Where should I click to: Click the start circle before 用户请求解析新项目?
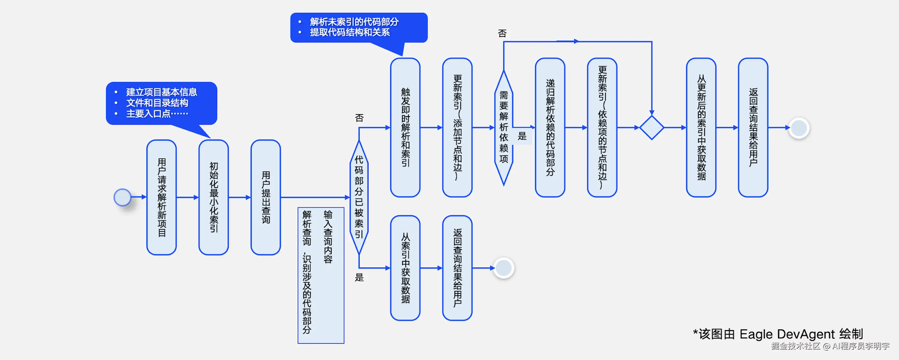click(x=122, y=197)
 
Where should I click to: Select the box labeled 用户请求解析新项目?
click(x=162, y=197)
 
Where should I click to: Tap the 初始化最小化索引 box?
click(x=214, y=197)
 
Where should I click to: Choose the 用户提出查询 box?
click(x=266, y=197)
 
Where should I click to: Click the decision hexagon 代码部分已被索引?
click(x=359, y=197)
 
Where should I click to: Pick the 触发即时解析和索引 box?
click(x=405, y=128)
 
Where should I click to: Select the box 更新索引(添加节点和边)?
click(x=457, y=128)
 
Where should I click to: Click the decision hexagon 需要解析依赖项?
click(x=503, y=128)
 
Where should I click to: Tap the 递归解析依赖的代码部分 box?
click(x=550, y=128)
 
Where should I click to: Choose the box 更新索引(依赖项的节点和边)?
click(x=602, y=128)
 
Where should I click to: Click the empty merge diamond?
click(x=652, y=128)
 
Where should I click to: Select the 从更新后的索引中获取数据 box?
click(x=701, y=128)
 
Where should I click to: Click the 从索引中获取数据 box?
click(x=405, y=268)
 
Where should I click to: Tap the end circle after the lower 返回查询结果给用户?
click(x=503, y=268)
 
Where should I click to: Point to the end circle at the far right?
click(x=799, y=128)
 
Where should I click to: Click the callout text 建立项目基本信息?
click(x=162, y=92)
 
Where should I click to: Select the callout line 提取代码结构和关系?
click(x=350, y=33)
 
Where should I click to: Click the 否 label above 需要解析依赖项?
click(x=502, y=34)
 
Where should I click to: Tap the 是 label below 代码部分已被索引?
click(x=359, y=278)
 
